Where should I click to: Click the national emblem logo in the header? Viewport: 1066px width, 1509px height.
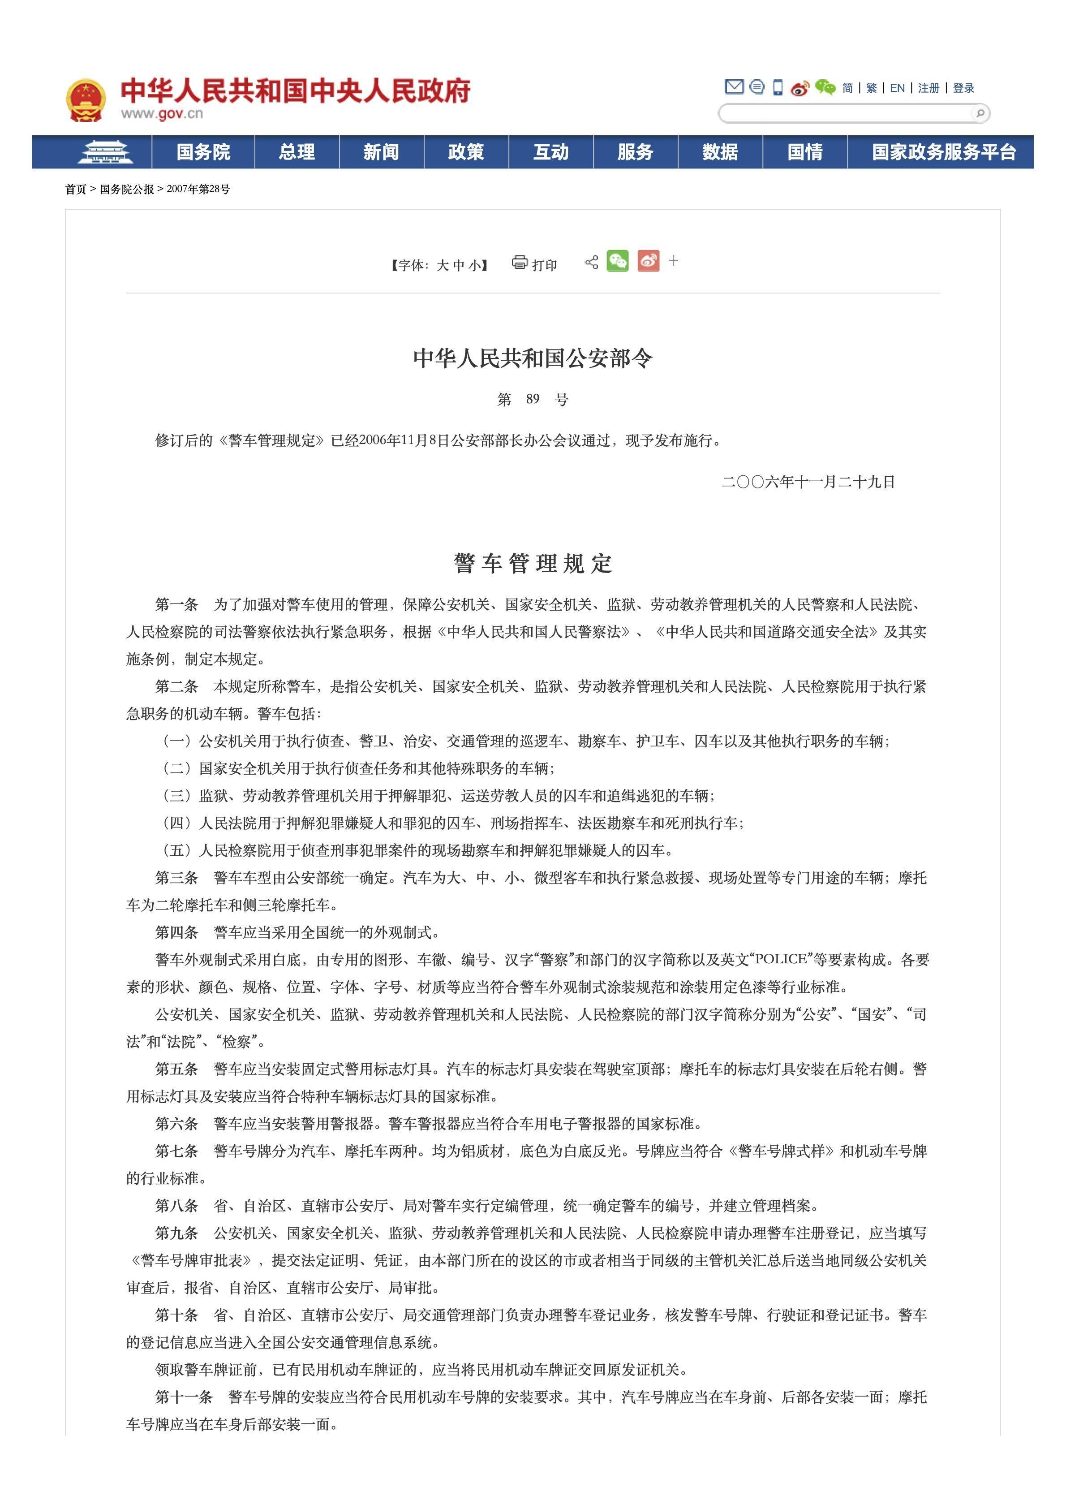[86, 100]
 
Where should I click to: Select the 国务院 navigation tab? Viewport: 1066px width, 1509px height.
[203, 152]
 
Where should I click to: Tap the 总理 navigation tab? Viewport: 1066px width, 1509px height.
[297, 152]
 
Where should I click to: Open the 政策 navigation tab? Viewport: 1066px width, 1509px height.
[466, 152]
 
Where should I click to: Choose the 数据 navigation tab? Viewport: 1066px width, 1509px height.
[720, 152]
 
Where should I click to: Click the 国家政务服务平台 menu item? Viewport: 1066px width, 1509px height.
[944, 152]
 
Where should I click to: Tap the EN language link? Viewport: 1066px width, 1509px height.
[897, 88]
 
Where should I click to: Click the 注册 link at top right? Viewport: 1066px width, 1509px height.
[928, 88]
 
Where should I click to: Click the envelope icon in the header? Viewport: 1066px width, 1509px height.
[734, 87]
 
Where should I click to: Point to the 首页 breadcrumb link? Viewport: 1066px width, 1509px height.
[76, 189]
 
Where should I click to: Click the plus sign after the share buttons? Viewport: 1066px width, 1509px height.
[674, 261]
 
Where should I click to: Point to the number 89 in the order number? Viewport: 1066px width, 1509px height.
[533, 399]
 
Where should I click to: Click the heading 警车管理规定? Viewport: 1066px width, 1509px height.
[533, 563]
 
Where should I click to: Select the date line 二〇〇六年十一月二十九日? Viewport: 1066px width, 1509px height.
[808, 482]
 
